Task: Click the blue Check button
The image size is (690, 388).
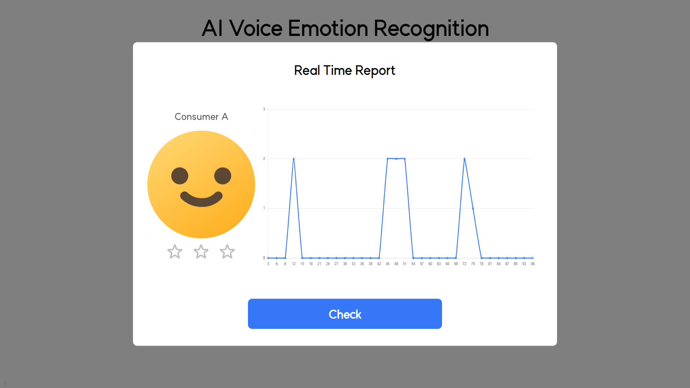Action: [345, 314]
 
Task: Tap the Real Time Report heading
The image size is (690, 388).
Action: [345, 70]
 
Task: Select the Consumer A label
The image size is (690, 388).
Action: [201, 117]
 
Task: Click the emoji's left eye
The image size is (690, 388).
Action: [180, 176]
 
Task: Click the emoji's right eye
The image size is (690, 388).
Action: [223, 176]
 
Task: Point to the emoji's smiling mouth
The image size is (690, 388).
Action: [201, 199]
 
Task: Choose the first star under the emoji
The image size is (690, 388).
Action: [175, 251]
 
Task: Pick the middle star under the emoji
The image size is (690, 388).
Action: [201, 251]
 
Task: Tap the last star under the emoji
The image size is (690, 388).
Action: [227, 251]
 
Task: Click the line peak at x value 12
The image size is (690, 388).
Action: [294, 159]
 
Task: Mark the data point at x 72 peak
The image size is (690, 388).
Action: [464, 159]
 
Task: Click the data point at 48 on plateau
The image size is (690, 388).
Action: [396, 159]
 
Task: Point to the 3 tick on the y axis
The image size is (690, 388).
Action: [264, 109]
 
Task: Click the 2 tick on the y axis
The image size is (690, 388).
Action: [264, 159]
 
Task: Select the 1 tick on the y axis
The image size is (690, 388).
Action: [264, 208]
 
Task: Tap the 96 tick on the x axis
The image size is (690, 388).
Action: [533, 264]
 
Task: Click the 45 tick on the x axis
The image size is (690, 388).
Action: [387, 264]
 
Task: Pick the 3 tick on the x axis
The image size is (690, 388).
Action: [268, 264]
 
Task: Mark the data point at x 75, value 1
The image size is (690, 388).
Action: [473, 208]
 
